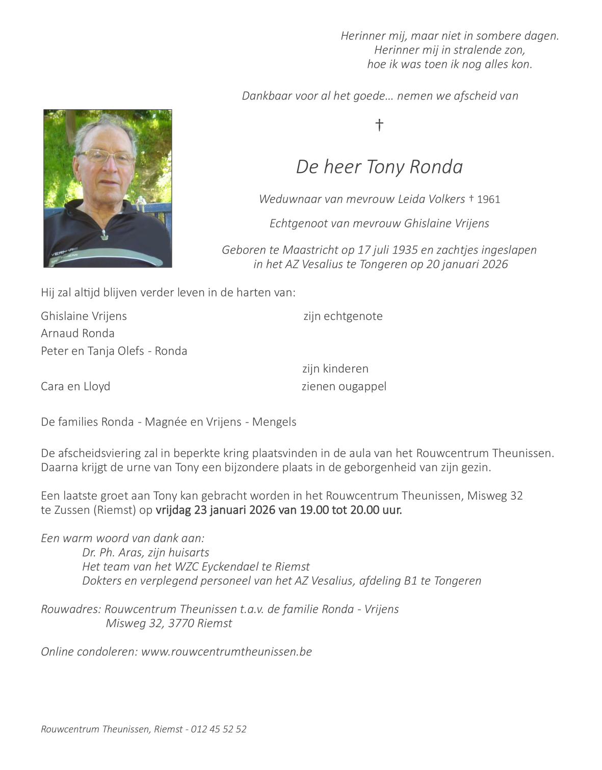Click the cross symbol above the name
click(x=379, y=125)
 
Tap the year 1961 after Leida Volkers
click(x=488, y=200)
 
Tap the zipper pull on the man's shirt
click(x=104, y=234)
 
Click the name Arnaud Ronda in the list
click(x=77, y=333)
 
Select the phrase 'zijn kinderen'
click(x=335, y=368)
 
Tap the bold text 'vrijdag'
click(x=173, y=510)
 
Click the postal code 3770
click(x=180, y=623)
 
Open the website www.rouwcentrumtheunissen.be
click(x=226, y=652)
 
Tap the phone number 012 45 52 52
click(x=219, y=729)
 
